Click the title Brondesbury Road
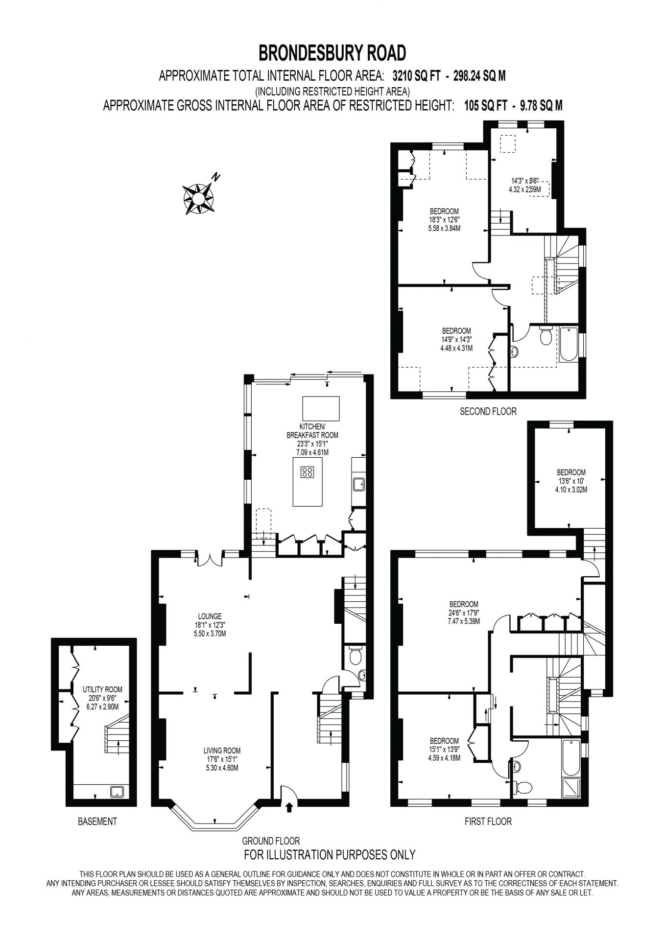click(332, 52)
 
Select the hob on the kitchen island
click(308, 472)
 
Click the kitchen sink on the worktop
click(358, 484)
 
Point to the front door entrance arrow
click(289, 808)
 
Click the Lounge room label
click(210, 616)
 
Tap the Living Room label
click(222, 750)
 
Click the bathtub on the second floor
click(569, 344)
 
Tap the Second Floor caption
click(488, 411)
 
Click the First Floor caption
click(488, 821)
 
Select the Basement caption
click(97, 821)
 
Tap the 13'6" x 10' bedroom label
click(571, 481)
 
